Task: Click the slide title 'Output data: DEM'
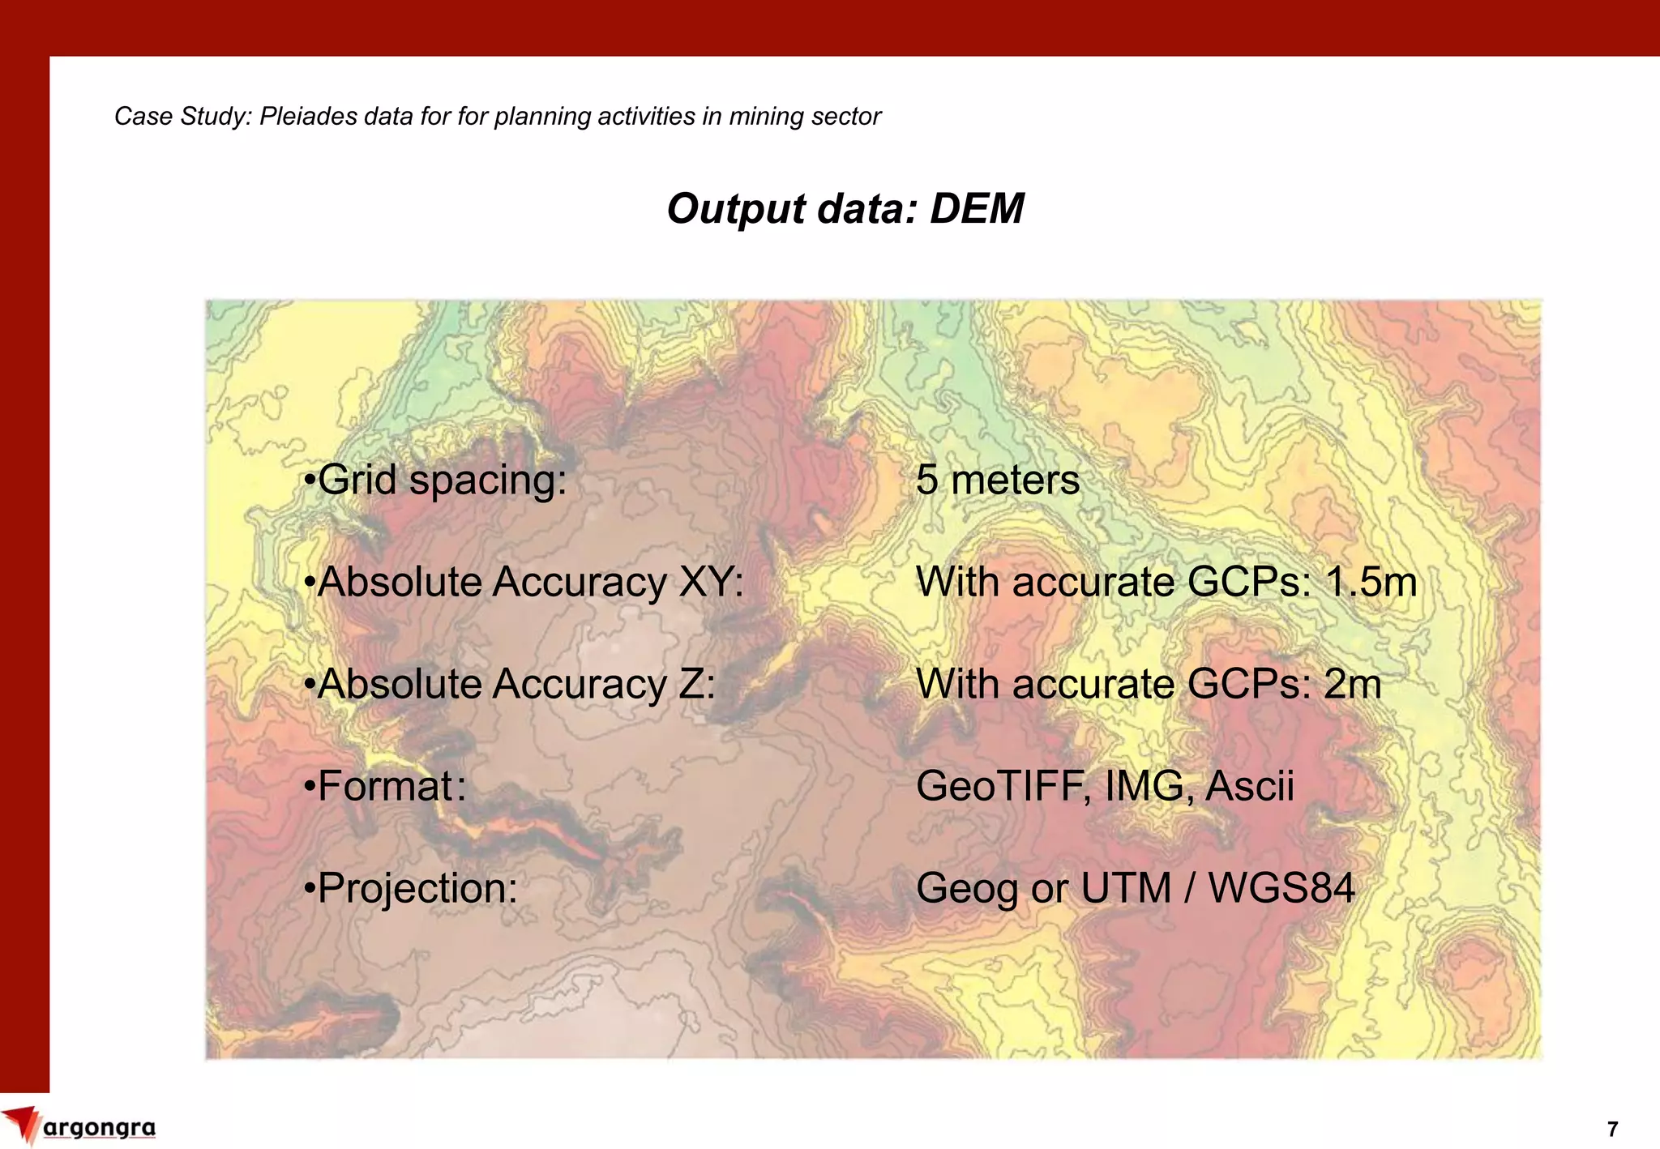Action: click(845, 209)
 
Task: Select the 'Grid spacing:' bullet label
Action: click(435, 480)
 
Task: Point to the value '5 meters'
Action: click(997, 480)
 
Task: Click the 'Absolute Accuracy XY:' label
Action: click(524, 582)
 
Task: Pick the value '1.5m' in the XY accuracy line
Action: click(1371, 582)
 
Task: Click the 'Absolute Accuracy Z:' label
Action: click(510, 684)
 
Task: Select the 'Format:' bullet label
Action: click(385, 786)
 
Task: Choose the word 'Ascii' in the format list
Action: click(1249, 786)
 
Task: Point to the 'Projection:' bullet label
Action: click(411, 888)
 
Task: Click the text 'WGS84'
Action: click(1281, 888)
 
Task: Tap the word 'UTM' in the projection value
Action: click(1126, 888)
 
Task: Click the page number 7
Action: click(1612, 1129)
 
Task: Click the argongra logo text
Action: click(99, 1128)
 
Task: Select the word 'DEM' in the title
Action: click(977, 209)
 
